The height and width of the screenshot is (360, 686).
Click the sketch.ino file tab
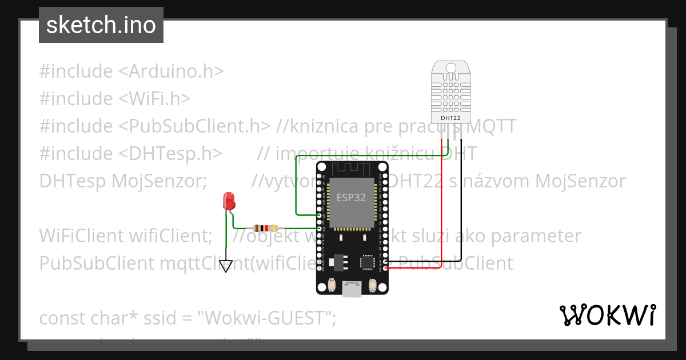click(x=101, y=25)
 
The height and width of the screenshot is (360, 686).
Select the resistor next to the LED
click(x=265, y=227)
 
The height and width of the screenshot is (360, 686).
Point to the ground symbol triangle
click(x=227, y=266)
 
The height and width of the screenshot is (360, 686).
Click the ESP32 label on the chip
click(x=352, y=198)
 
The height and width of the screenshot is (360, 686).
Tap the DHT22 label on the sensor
click(x=450, y=118)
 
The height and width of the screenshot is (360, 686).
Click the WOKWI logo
click(x=607, y=315)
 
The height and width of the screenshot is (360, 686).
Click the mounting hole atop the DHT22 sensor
click(x=450, y=68)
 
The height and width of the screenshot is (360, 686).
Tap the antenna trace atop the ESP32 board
click(x=352, y=169)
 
